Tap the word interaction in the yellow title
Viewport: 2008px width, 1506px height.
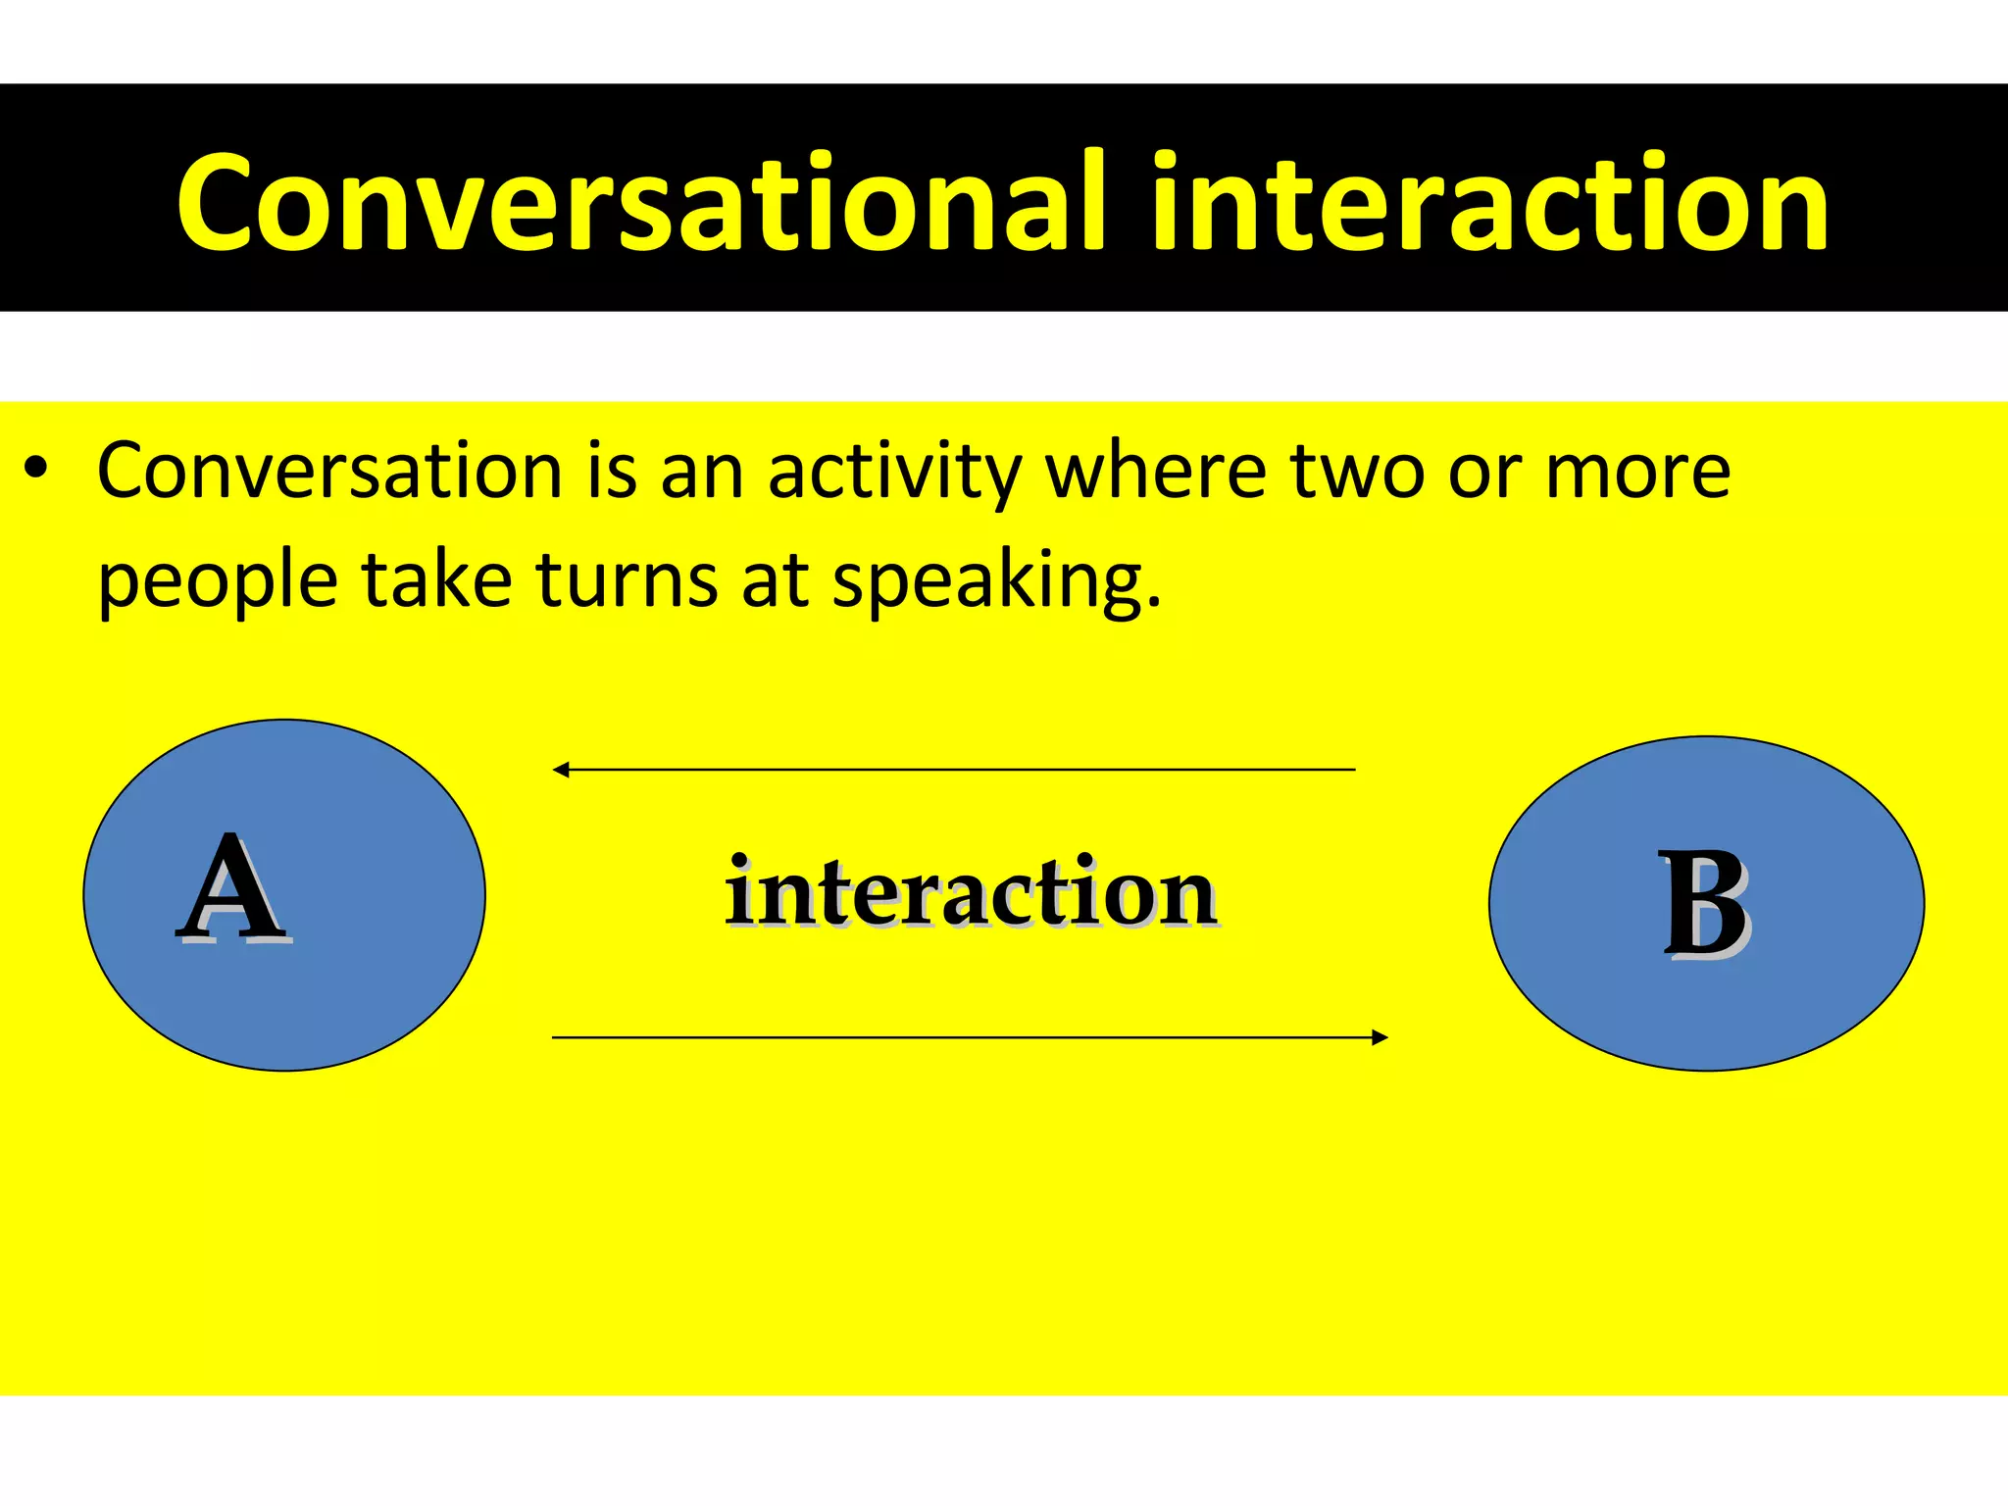1490,204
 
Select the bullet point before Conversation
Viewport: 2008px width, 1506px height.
37,468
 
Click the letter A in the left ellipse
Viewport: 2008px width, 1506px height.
233,889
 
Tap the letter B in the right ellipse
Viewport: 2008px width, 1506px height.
1705,903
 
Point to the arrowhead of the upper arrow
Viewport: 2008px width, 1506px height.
561,770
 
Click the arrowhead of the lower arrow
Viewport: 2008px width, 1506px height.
1380,1037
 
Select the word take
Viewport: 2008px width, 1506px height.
436,580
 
